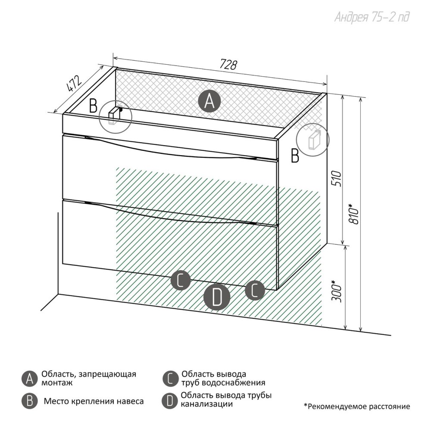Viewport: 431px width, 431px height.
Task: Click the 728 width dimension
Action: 228,65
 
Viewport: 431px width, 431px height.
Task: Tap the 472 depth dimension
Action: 74,83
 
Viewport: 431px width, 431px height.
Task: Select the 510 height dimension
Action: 337,179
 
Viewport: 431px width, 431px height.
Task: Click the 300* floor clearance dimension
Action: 337,291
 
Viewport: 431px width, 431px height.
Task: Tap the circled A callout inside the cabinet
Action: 209,101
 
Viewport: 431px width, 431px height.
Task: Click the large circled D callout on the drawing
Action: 217,297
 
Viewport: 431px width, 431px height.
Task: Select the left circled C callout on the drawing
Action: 180,281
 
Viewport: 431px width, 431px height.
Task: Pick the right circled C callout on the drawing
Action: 255,290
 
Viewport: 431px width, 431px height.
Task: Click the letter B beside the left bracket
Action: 93,106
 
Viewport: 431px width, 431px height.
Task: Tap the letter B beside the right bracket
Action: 295,156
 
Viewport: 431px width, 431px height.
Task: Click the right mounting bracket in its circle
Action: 312,140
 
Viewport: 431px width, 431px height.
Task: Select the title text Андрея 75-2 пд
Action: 372,17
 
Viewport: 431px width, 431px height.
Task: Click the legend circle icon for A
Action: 29,379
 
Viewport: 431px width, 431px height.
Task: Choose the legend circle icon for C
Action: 170,379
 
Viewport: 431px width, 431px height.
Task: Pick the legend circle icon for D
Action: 169,401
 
